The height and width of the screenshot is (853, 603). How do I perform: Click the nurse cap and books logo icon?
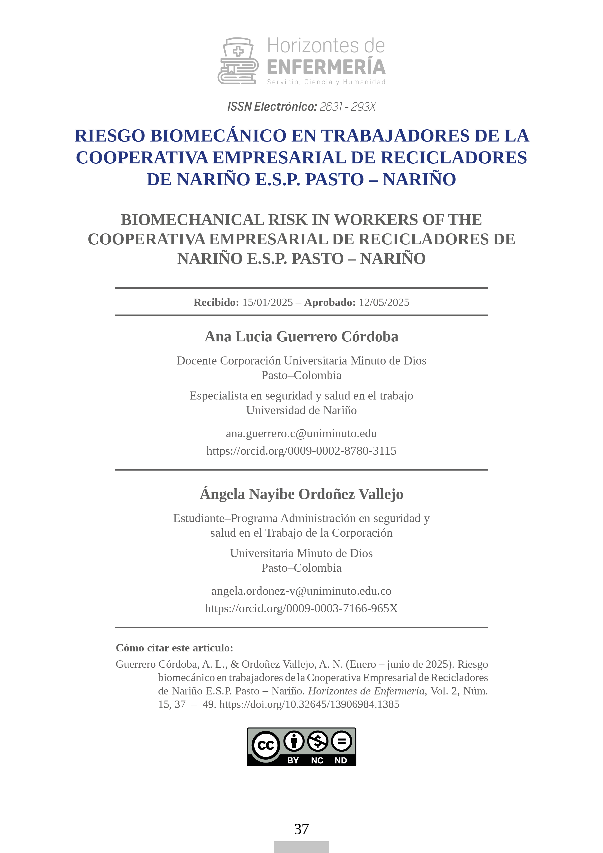click(238, 61)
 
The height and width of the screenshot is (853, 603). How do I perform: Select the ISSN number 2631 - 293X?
click(347, 107)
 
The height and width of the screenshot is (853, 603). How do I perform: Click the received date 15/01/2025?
click(267, 302)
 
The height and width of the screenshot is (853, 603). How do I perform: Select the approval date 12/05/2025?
click(384, 302)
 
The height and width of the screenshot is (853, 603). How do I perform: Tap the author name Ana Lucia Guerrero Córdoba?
click(301, 337)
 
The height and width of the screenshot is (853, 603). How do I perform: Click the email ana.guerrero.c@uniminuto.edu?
click(301, 433)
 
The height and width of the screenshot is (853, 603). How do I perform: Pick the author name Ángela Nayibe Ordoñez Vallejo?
click(301, 494)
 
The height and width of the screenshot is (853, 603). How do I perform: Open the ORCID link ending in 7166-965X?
click(301, 608)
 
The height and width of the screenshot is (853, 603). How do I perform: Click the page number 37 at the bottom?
click(301, 829)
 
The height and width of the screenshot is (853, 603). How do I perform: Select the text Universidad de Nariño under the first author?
click(301, 410)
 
